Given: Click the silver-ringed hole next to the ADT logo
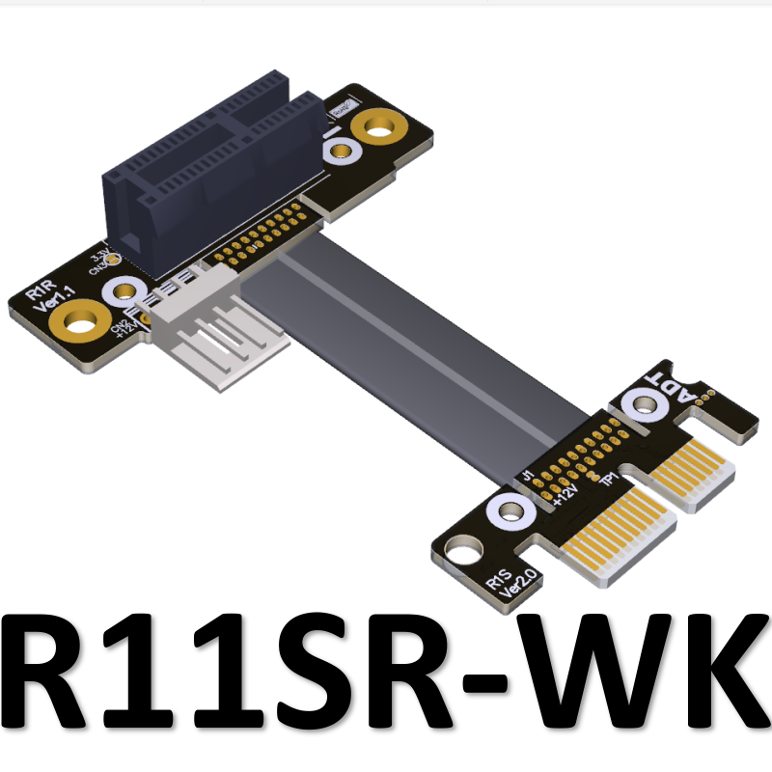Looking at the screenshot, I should (640, 405).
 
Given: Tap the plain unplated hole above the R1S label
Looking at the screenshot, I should (456, 554).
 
